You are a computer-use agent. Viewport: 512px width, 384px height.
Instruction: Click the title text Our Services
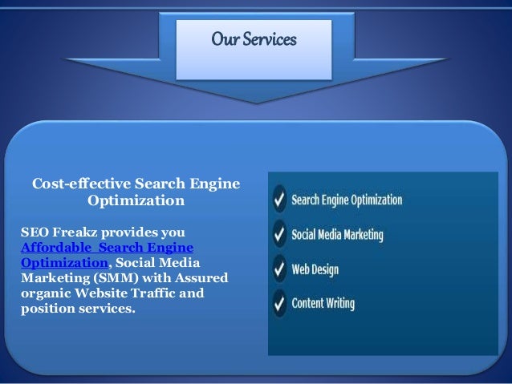[x=254, y=38]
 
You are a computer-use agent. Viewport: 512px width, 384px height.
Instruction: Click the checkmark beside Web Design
[x=278, y=269]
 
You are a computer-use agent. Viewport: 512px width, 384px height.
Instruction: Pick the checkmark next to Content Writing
[x=278, y=304]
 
